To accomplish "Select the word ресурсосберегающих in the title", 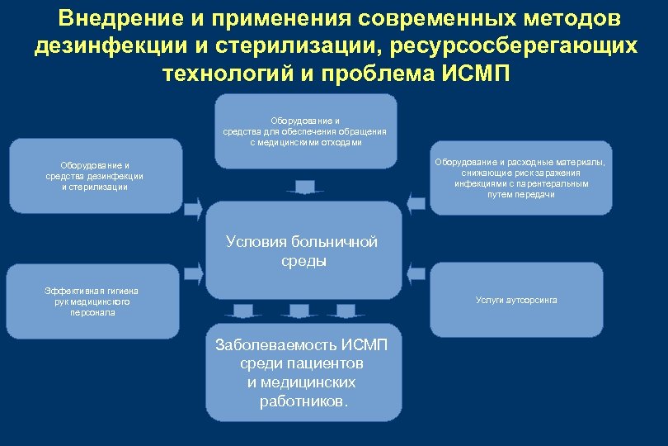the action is tap(519, 45).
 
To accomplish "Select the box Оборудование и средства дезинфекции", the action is tap(96, 176).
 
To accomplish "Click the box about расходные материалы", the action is tap(520, 178).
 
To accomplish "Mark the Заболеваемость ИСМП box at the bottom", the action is tap(301, 372).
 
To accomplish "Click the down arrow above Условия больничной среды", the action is tap(305, 187).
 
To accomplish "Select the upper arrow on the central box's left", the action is tap(193, 208).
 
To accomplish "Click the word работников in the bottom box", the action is tap(298, 401).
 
